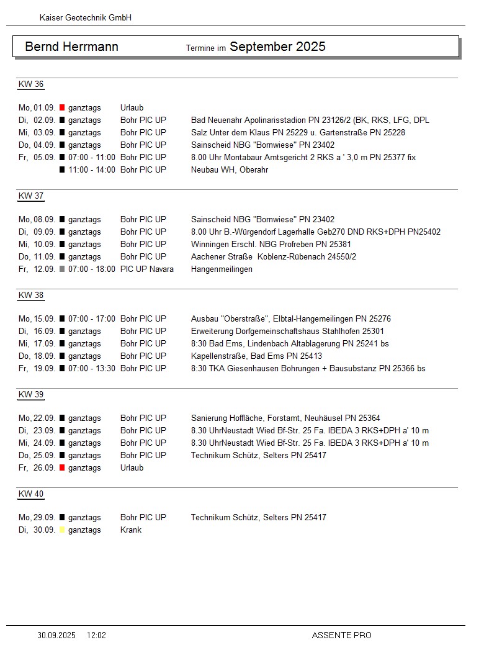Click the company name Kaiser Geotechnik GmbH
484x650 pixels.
point(86,18)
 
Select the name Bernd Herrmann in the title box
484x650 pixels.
point(71,47)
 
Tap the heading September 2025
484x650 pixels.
point(277,47)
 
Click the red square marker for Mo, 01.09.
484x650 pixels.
point(62,108)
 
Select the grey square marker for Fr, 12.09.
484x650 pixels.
point(62,269)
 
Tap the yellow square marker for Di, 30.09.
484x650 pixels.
point(62,530)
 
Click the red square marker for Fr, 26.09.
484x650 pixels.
point(62,468)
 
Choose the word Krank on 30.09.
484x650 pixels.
point(131,530)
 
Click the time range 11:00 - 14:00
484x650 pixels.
point(92,170)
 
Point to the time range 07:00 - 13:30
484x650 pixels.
point(92,369)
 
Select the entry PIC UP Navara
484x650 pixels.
point(147,269)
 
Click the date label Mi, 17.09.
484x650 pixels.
point(37,344)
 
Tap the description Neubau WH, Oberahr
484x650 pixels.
point(230,170)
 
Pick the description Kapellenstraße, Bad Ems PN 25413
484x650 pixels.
point(256,356)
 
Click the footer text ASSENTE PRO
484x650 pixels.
point(342,635)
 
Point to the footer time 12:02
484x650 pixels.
point(97,635)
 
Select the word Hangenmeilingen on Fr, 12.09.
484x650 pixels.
point(222,269)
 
